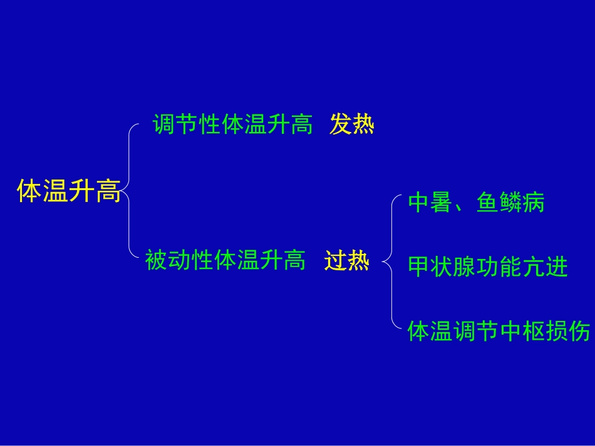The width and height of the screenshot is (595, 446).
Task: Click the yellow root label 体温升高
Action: click(x=69, y=191)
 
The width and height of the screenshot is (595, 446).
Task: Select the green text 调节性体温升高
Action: click(x=233, y=125)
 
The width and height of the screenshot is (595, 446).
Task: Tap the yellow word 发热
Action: click(x=352, y=125)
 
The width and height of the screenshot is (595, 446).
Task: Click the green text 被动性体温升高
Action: click(x=225, y=259)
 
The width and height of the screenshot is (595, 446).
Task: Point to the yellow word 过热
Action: click(x=346, y=260)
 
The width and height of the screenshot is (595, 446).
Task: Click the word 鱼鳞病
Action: click(x=510, y=203)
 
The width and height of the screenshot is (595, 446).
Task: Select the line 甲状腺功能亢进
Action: click(x=488, y=268)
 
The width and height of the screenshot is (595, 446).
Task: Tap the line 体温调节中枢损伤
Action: click(x=499, y=331)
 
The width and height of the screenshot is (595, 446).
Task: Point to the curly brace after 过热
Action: click(x=391, y=263)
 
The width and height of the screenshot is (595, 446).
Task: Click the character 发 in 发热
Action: click(x=341, y=125)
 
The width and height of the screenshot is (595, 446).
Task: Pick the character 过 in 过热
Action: click(x=335, y=260)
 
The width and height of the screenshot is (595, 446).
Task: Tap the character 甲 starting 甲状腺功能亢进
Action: click(x=418, y=268)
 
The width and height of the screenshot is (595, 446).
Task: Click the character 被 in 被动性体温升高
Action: click(x=156, y=259)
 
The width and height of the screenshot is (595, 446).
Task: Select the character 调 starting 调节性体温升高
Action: click(x=164, y=125)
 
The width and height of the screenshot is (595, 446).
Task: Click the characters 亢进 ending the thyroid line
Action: click(x=544, y=268)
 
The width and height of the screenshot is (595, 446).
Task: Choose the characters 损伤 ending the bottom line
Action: click(x=567, y=331)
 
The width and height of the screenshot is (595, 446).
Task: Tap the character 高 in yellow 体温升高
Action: click(x=108, y=191)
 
